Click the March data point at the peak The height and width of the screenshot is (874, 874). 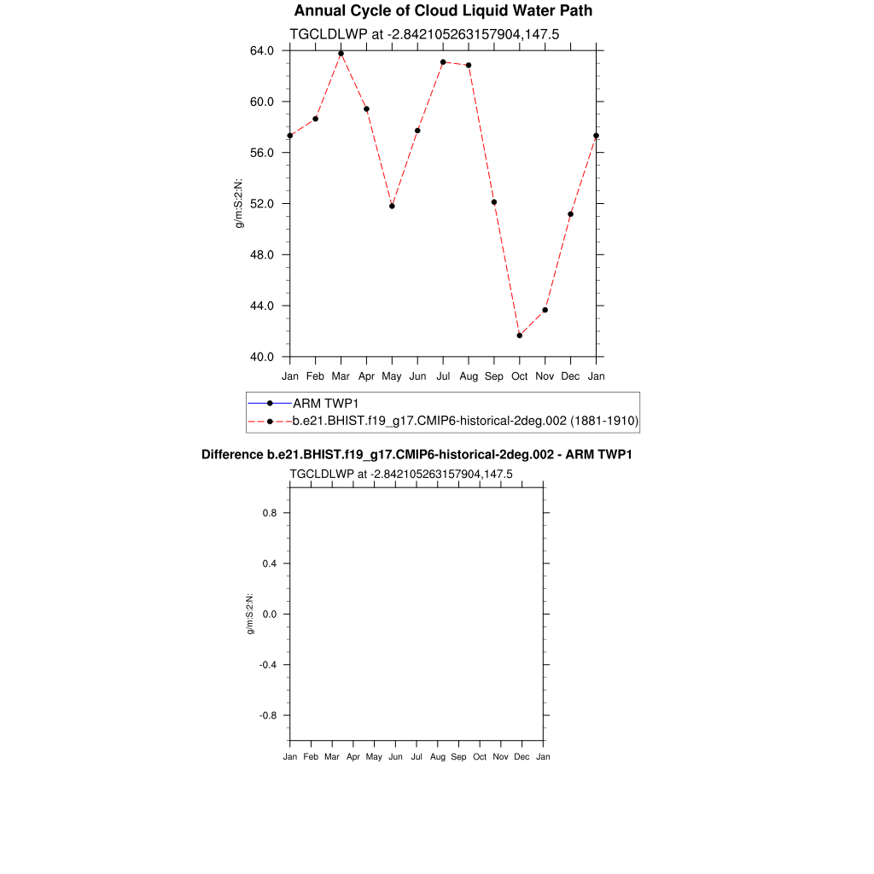pos(341,54)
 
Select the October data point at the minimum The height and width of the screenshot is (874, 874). pos(520,335)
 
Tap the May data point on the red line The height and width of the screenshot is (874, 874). pos(392,206)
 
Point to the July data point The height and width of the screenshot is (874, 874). pos(443,62)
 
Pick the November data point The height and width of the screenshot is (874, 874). pos(545,310)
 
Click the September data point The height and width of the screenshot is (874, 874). pos(494,202)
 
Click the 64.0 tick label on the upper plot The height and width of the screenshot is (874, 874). pos(261,50)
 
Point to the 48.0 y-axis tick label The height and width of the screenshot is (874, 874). pos(261,255)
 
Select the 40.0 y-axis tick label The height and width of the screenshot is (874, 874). pos(261,357)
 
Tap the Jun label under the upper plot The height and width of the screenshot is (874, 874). pos(417,376)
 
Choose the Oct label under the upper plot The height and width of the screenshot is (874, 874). pos(520,376)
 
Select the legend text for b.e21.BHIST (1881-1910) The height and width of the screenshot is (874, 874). pos(465,421)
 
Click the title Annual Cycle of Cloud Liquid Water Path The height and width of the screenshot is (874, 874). pos(443,11)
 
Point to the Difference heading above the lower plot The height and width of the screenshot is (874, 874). pos(417,455)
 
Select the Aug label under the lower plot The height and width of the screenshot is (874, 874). pos(438,757)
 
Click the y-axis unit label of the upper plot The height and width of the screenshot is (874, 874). pos(241,203)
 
